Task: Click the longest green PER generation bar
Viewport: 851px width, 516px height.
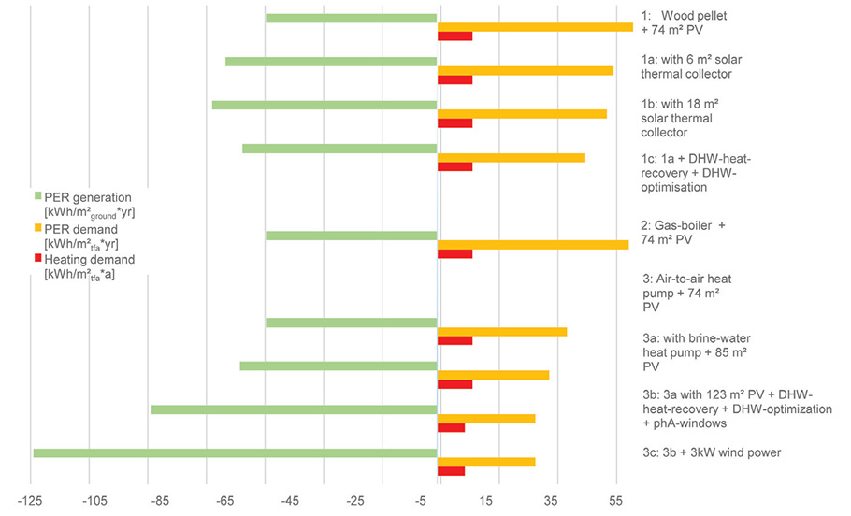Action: click(x=234, y=453)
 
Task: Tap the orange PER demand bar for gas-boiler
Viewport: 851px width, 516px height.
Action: click(x=533, y=245)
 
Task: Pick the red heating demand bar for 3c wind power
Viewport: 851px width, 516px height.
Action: click(x=451, y=470)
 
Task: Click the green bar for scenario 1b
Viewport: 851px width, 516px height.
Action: click(x=325, y=105)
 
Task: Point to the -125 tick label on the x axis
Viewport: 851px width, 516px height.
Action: click(x=32, y=502)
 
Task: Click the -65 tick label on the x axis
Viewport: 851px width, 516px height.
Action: click(x=209, y=502)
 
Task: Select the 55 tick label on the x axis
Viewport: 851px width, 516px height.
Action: click(x=615, y=502)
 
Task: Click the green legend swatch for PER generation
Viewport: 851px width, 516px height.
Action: click(x=38, y=196)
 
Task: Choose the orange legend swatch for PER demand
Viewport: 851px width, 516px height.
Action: click(x=38, y=228)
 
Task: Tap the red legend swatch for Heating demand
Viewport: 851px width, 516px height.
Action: click(x=38, y=259)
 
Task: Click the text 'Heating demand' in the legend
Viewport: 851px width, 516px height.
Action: click(x=90, y=259)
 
